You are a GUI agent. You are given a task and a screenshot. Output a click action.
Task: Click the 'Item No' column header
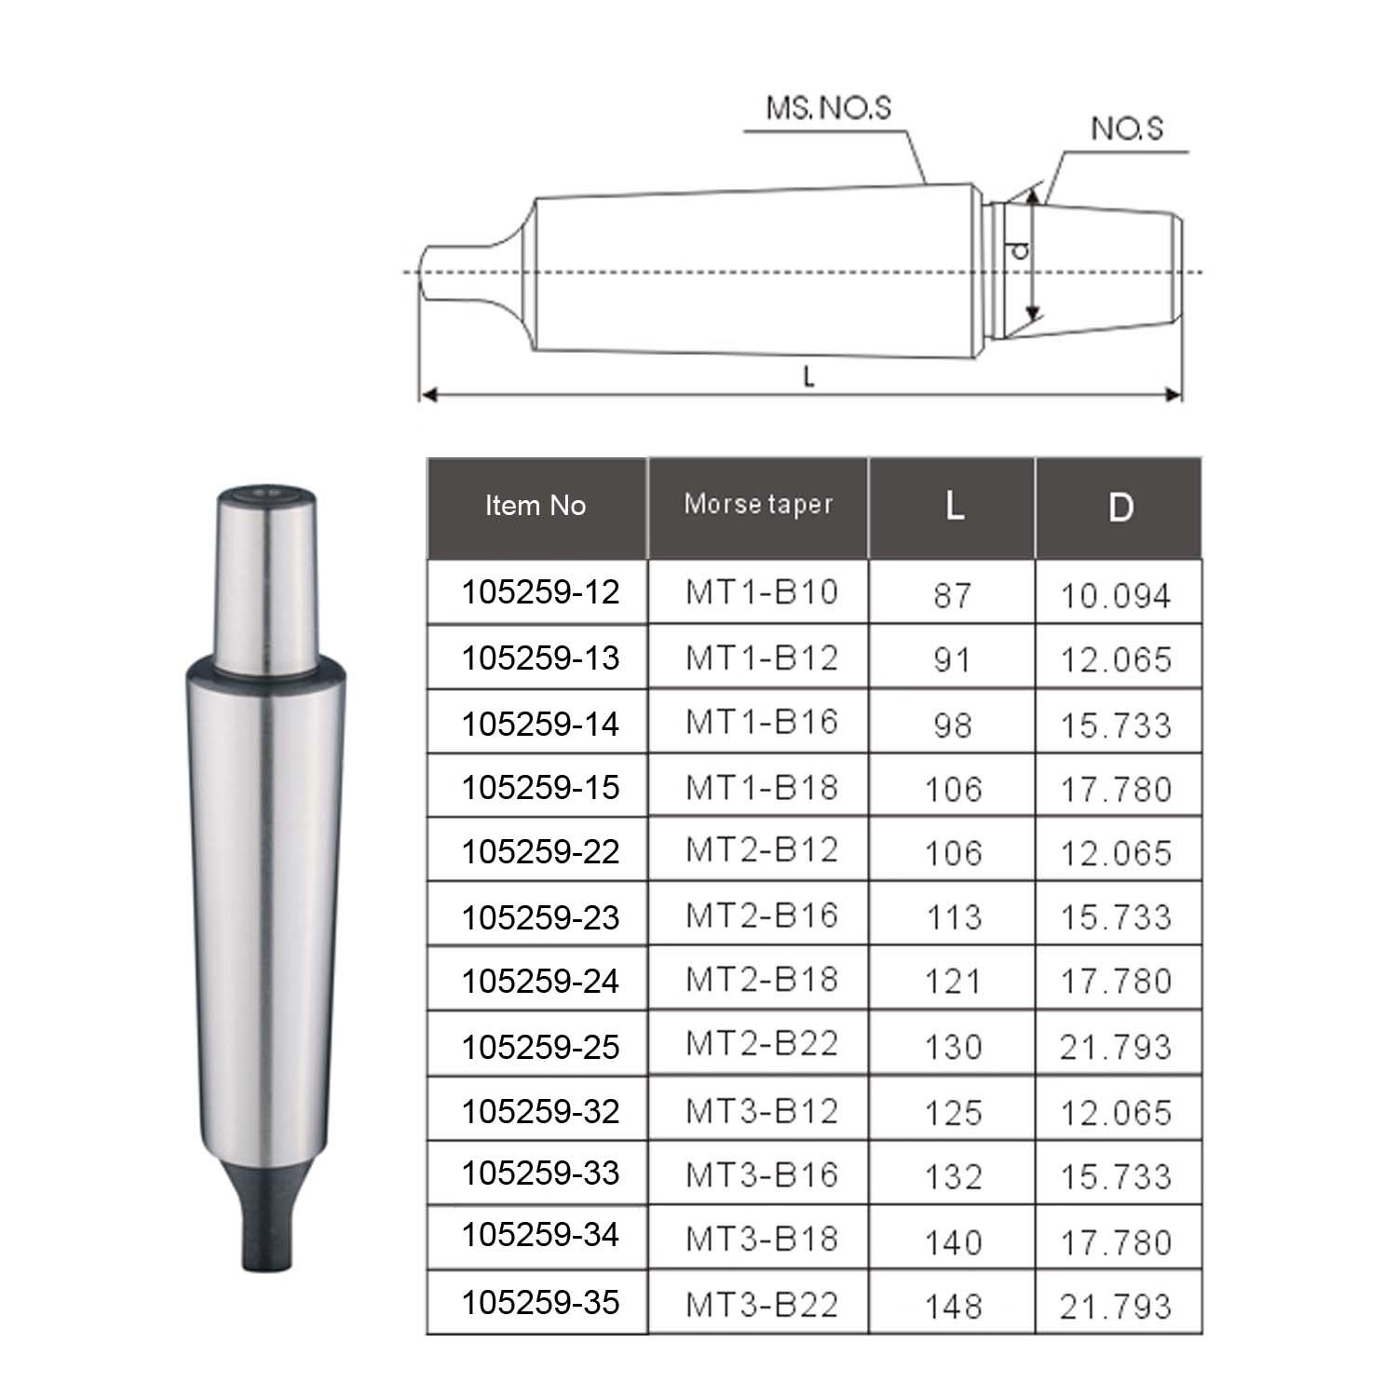tap(536, 506)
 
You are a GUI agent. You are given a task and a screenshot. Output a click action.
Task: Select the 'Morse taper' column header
tap(758, 504)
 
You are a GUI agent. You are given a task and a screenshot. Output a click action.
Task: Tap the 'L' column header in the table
tap(954, 506)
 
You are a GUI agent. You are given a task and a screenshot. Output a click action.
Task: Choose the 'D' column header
tap(1120, 507)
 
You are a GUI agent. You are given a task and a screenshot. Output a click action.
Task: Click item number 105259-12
tap(540, 592)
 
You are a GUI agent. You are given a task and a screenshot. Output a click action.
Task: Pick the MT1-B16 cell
tap(762, 723)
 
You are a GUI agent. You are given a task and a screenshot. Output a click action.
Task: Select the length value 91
tap(952, 659)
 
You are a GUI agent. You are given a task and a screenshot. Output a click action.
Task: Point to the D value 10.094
tap(1116, 596)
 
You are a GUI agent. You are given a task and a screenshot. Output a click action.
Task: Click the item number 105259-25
tap(540, 1047)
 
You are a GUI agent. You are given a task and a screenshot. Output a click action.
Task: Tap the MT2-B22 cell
tap(762, 1043)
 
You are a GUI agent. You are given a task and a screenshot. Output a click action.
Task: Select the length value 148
tap(954, 1306)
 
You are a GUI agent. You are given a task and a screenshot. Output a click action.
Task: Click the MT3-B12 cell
tap(762, 1111)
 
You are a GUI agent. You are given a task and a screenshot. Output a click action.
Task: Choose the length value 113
tap(954, 917)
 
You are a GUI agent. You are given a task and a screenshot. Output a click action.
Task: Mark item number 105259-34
tap(540, 1235)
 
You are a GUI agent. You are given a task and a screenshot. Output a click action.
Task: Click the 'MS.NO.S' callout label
tap(828, 108)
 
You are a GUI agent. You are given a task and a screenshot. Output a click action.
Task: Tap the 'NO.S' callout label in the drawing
tap(1127, 128)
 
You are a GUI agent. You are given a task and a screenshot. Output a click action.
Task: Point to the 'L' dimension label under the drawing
tap(808, 377)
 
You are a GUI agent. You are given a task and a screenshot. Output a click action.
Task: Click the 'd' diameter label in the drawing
tap(1020, 250)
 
